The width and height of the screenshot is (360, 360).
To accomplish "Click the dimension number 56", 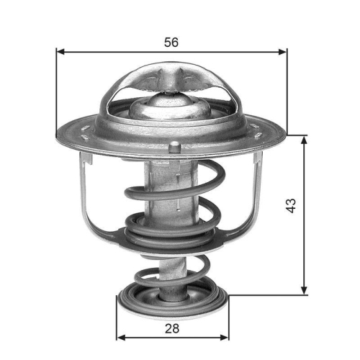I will click(171, 42).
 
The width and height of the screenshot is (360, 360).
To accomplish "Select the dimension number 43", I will click(291, 205).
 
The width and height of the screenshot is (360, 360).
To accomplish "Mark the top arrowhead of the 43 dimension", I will click(304, 139).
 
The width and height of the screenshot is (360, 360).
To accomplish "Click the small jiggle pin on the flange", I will click(174, 148).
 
